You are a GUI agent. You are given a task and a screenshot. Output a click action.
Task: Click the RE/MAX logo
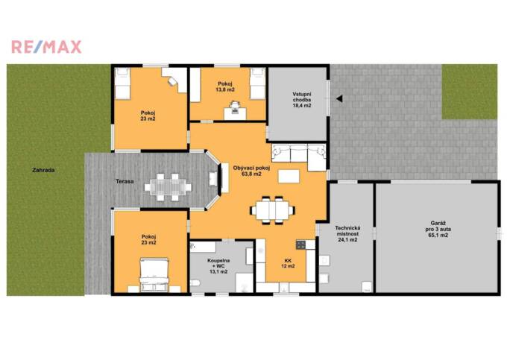tap(46, 47)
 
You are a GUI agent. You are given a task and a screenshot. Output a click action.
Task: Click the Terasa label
tap(124, 180)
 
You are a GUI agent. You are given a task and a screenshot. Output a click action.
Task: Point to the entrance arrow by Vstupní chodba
tap(338, 98)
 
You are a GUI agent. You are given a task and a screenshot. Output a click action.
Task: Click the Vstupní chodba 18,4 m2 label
tap(302, 99)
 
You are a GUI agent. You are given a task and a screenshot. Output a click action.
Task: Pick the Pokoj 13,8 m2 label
tap(225, 87)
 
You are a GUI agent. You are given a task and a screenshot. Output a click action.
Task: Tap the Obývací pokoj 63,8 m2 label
tap(251, 171)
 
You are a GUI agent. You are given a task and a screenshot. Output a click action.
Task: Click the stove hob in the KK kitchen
tap(301, 244)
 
